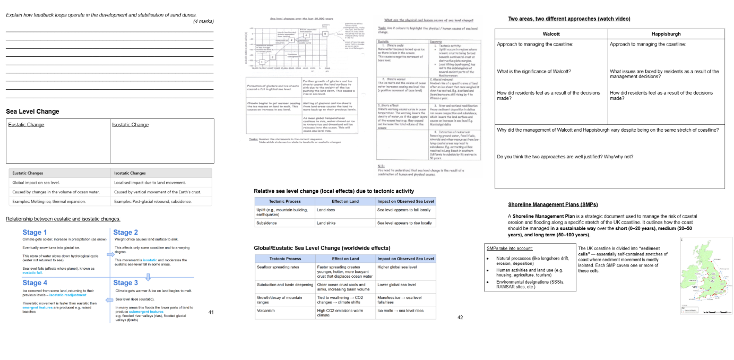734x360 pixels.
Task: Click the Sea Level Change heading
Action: click(32, 112)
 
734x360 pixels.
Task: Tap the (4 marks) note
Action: click(204, 21)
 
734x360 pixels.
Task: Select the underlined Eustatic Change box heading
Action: click(26, 125)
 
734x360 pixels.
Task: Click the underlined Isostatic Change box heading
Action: click(130, 125)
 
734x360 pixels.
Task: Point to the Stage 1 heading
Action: click(34, 232)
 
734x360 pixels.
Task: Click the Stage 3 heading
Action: click(125, 282)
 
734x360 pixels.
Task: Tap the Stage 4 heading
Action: click(34, 282)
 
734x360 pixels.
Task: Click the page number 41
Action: click(211, 312)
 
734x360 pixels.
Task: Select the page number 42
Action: click(460, 317)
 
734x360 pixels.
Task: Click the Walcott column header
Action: click(551, 34)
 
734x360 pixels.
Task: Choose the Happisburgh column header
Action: click(666, 34)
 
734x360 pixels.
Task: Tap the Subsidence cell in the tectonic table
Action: click(267, 223)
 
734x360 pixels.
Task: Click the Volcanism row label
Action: click(267, 311)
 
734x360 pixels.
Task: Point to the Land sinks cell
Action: click(327, 223)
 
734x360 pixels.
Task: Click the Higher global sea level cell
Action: click(396, 267)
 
